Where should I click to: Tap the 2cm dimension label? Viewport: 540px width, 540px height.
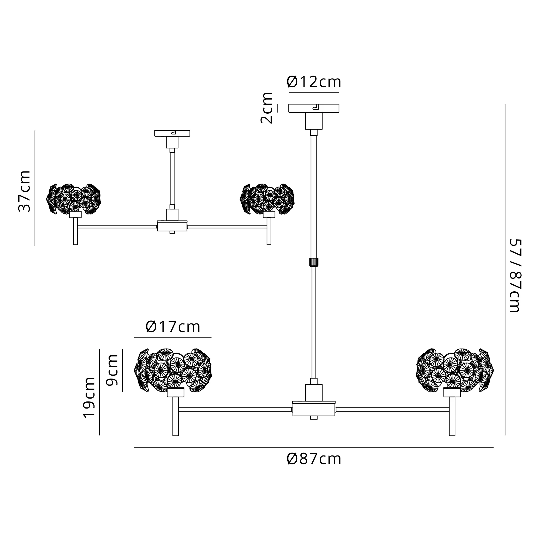pyautogui.click(x=266, y=108)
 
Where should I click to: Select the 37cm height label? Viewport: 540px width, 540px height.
pyautogui.click(x=24, y=191)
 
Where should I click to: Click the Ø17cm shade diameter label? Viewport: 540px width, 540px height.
pyautogui.click(x=173, y=326)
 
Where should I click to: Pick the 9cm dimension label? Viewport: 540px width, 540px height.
pyautogui.click(x=112, y=370)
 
